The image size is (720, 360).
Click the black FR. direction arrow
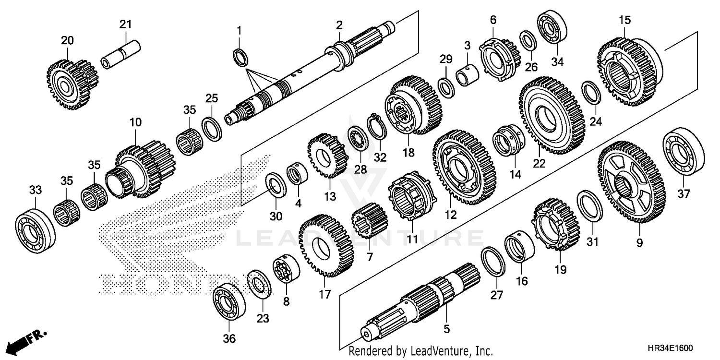pos(19,342)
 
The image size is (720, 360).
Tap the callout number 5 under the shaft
pos(446,329)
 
